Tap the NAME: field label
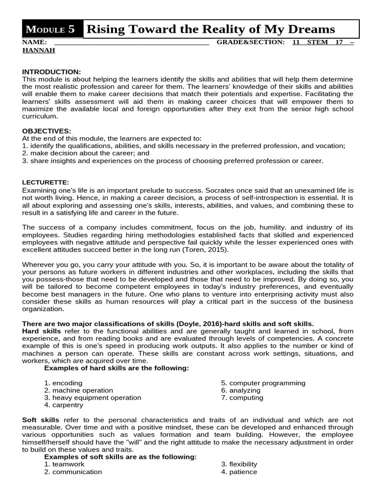[34, 42]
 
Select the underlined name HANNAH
[39, 50]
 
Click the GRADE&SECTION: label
[250, 42]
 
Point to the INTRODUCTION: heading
[51, 72]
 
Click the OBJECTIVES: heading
[47, 131]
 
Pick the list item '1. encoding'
[63, 383]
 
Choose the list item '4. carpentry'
[64, 405]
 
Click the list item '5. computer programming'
[263, 383]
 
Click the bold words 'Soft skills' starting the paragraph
[41, 420]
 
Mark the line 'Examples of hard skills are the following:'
[116, 368]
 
